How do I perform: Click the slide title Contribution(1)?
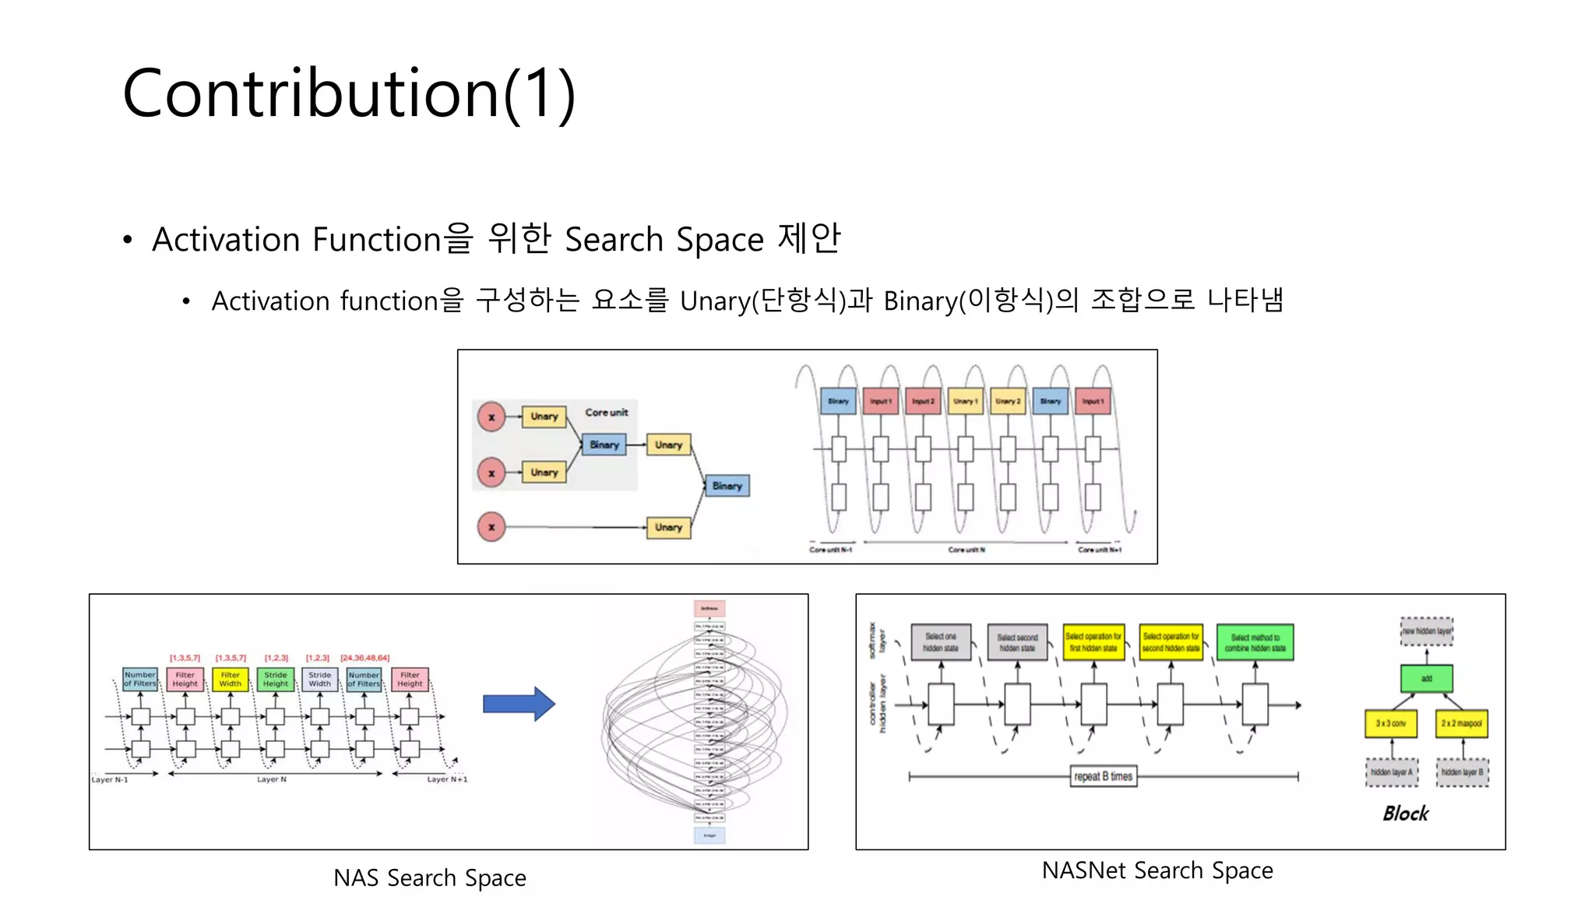pyautogui.click(x=349, y=93)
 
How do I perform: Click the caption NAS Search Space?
pyautogui.click(x=429, y=878)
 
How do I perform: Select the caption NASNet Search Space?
pyautogui.click(x=1157, y=870)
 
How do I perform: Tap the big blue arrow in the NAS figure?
pyautogui.click(x=519, y=704)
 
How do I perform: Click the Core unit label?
pyautogui.click(x=606, y=412)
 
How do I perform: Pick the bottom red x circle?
pyautogui.click(x=491, y=527)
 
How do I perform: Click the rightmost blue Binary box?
pyautogui.click(x=727, y=486)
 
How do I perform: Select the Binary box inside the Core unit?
pyautogui.click(x=604, y=445)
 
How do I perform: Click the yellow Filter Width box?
pyautogui.click(x=231, y=680)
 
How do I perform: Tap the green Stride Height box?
pyautogui.click(x=276, y=680)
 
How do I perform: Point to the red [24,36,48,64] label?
pyautogui.click(x=364, y=658)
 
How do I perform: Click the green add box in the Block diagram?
pyautogui.click(x=1426, y=678)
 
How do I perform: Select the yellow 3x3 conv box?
pyautogui.click(x=1390, y=723)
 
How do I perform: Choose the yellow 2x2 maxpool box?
pyautogui.click(x=1461, y=723)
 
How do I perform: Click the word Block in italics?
pyautogui.click(x=1405, y=814)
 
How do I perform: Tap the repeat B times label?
pyautogui.click(x=1103, y=776)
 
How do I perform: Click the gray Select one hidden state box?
pyautogui.click(x=941, y=642)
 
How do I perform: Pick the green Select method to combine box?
pyautogui.click(x=1255, y=642)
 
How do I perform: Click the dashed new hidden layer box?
pyautogui.click(x=1426, y=631)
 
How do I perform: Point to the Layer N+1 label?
pyautogui.click(x=447, y=779)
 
